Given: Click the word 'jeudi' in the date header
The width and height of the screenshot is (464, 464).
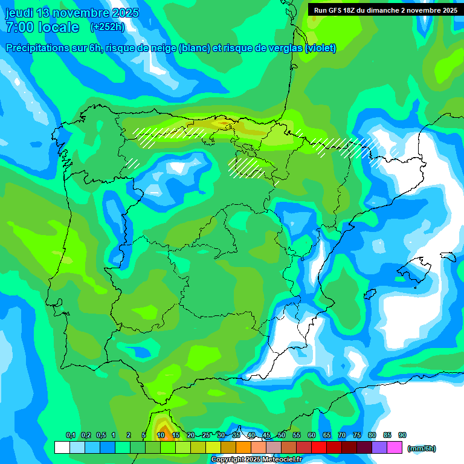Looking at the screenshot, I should pos(19,13).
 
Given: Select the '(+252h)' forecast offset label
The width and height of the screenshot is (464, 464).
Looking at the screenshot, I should pos(107,27).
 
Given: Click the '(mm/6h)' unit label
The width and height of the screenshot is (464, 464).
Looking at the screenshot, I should pos(421,448).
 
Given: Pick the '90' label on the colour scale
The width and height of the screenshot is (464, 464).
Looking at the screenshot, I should pos(402,435).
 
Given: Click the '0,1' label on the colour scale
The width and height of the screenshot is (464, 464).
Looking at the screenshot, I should pos(70,435).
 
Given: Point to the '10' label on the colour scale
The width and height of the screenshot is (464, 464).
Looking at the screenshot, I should pos(161,435).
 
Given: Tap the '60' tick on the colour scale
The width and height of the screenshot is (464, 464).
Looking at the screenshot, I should pos(312,435).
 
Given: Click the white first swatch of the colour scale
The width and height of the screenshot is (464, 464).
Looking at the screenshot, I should pos(62,448).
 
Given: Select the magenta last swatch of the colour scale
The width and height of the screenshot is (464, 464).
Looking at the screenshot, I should pos(395,448).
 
